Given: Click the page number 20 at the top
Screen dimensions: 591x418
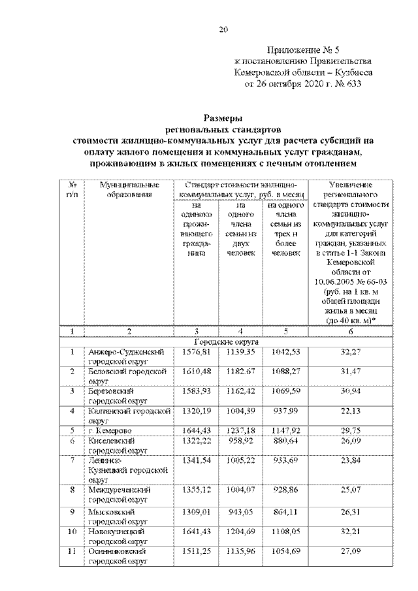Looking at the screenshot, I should point(223,27).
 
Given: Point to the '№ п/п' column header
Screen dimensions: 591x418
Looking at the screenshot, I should point(72,190).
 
